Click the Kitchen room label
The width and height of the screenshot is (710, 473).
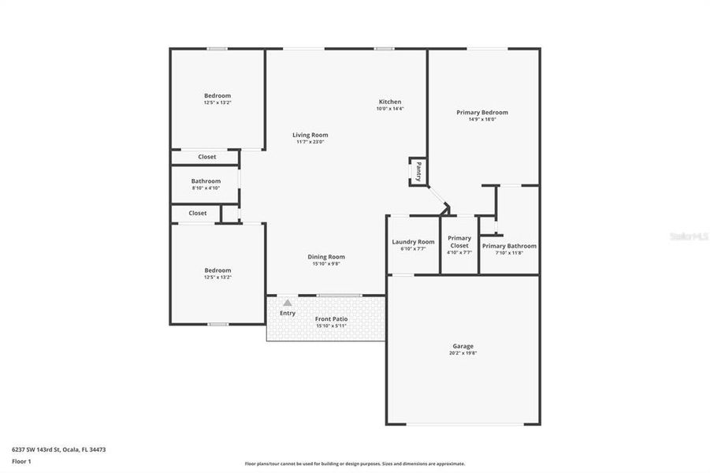click(390, 102)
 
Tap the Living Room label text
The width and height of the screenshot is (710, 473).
click(310, 135)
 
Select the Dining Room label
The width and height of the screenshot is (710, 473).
click(325, 256)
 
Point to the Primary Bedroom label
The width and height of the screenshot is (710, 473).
click(482, 113)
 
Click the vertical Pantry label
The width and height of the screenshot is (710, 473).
click(418, 171)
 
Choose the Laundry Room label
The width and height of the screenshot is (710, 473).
click(413, 242)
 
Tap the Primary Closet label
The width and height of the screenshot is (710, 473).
click(459, 241)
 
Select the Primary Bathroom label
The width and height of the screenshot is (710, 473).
click(509, 246)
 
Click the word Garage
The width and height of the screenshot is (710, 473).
click(463, 346)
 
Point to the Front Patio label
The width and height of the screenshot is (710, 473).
click(331, 318)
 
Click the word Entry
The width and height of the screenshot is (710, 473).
click(288, 313)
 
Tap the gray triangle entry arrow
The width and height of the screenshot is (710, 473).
click(288, 302)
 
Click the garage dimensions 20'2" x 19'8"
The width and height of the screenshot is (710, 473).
click(463, 353)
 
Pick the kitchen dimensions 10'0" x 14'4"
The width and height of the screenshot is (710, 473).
click(390, 109)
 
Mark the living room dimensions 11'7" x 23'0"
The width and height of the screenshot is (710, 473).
click(310, 142)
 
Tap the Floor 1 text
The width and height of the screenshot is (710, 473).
click(21, 460)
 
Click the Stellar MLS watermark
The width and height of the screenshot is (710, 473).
click(688, 236)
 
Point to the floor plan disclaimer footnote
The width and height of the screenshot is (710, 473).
click(355, 464)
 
